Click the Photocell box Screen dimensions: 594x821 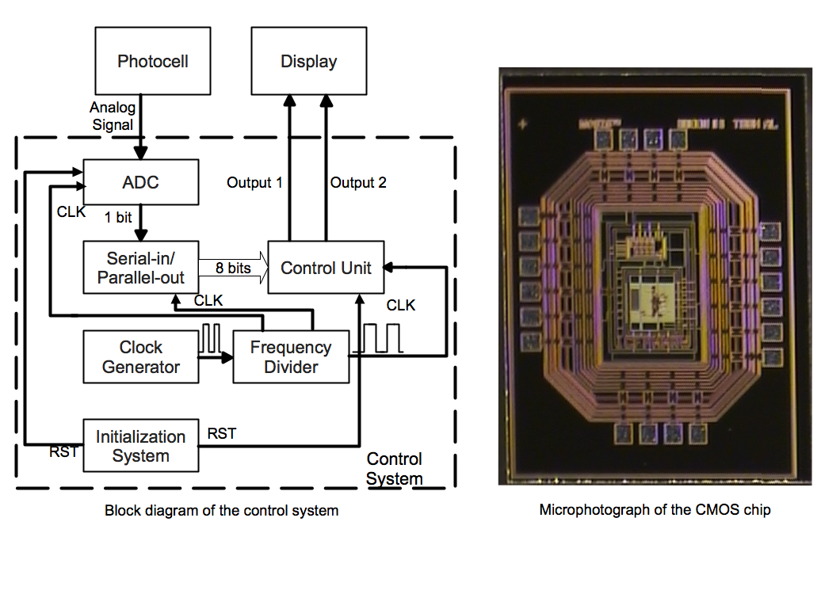tap(153, 62)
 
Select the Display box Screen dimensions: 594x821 tap(309, 62)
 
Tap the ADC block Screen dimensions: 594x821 tap(140, 183)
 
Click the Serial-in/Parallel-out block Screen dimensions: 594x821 tap(140, 268)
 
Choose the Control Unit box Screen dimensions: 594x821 tap(326, 268)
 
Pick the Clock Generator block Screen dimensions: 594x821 tap(141, 357)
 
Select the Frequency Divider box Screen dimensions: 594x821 tap(291, 357)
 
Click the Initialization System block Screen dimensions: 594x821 tap(140, 446)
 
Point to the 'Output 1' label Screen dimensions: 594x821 tap(254, 183)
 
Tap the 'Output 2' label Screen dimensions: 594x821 tap(358, 183)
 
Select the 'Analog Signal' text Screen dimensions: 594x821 tap(113, 116)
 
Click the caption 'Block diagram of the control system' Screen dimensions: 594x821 tap(222, 511)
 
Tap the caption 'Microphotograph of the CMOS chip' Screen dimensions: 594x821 tap(655, 509)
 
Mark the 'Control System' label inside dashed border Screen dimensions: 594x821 tap(395, 469)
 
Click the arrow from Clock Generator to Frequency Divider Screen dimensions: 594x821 tap(216, 357)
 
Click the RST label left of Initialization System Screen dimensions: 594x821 tap(63, 452)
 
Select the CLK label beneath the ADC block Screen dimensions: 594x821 tap(71, 212)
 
